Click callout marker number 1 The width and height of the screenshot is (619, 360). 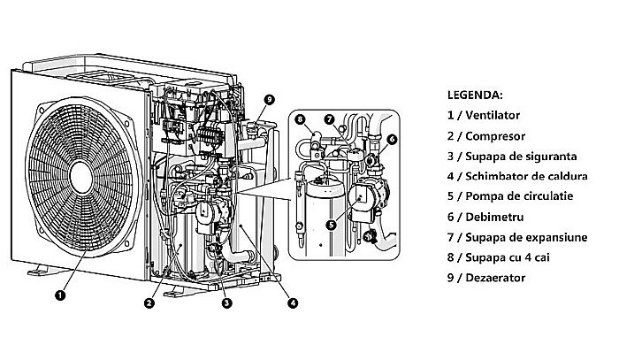tap(58, 295)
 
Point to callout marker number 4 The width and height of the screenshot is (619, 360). tap(293, 303)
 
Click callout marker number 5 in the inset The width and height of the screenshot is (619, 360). tap(330, 225)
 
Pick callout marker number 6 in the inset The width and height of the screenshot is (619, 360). tap(392, 139)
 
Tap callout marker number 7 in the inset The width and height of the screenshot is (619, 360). tap(329, 119)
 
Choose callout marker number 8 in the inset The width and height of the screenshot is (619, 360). tap(300, 119)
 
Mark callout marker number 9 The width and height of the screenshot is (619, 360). tap(269, 99)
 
